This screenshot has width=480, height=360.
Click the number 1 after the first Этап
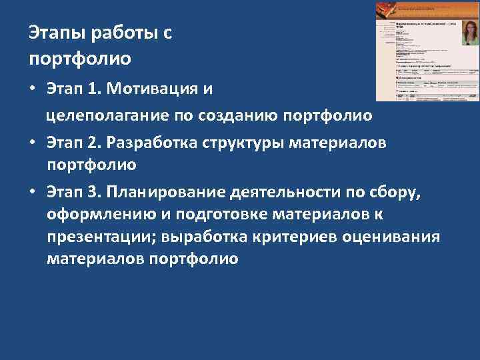[x=93, y=89]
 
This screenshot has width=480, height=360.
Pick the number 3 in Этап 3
[x=93, y=193]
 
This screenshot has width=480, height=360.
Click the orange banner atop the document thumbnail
[x=427, y=9]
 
